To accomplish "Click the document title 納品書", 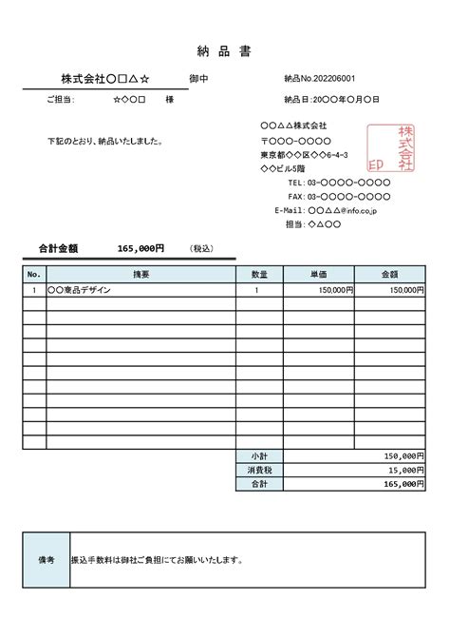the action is click(225, 50).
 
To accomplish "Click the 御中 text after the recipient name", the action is click(199, 78).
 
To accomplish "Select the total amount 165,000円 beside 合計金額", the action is click(141, 248).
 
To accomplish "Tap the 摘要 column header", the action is click(141, 274).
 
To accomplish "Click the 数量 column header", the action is click(258, 274).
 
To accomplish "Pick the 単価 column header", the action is click(319, 274).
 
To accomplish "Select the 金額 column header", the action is click(389, 274).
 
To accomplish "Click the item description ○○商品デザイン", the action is click(79, 290).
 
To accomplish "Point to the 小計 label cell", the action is click(258, 455).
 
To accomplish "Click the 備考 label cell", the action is click(46, 560).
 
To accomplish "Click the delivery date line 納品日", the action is click(331, 99).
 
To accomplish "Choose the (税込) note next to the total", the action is click(201, 248).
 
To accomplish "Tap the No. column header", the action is click(34, 274).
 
